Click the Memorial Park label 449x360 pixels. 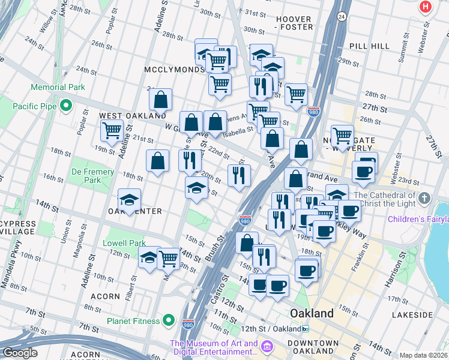[58, 87]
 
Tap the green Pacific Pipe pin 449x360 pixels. [67, 107]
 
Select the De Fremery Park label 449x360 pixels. [93, 176]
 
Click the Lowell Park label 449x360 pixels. [124, 243]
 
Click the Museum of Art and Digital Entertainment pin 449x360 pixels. [267, 347]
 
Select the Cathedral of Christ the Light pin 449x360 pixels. [424, 198]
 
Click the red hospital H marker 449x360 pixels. [426, 7]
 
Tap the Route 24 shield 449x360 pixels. [342, 16]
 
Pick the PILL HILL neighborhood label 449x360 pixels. [366, 46]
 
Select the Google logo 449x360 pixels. [20, 353]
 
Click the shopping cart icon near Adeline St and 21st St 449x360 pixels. [112, 130]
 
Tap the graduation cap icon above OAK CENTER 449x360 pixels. [129, 200]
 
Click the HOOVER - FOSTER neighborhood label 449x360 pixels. [294, 23]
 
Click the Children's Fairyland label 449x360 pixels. [418, 219]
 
